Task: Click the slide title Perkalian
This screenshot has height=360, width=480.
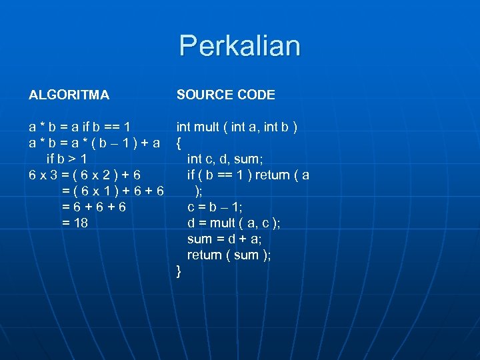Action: click(x=239, y=46)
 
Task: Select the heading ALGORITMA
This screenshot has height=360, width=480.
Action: click(x=69, y=95)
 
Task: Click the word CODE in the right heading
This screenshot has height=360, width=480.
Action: click(x=255, y=95)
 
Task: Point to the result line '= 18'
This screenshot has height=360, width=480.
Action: click(x=75, y=223)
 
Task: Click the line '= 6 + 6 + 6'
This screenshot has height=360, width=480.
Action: click(x=93, y=207)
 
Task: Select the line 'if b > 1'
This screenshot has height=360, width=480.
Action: click(x=67, y=159)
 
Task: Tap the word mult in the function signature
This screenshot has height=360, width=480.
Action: click(x=205, y=127)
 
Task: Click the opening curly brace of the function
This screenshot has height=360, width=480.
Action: click(x=179, y=142)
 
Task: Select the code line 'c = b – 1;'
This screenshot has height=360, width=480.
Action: click(x=215, y=207)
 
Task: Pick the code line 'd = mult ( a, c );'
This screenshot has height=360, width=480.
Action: click(x=233, y=223)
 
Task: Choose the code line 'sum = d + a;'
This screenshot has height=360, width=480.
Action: click(x=224, y=239)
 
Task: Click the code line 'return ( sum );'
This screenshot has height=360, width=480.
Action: click(x=229, y=255)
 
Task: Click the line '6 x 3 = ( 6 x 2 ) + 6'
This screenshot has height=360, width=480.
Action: click(x=85, y=175)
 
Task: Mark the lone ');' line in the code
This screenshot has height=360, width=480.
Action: click(x=198, y=191)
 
